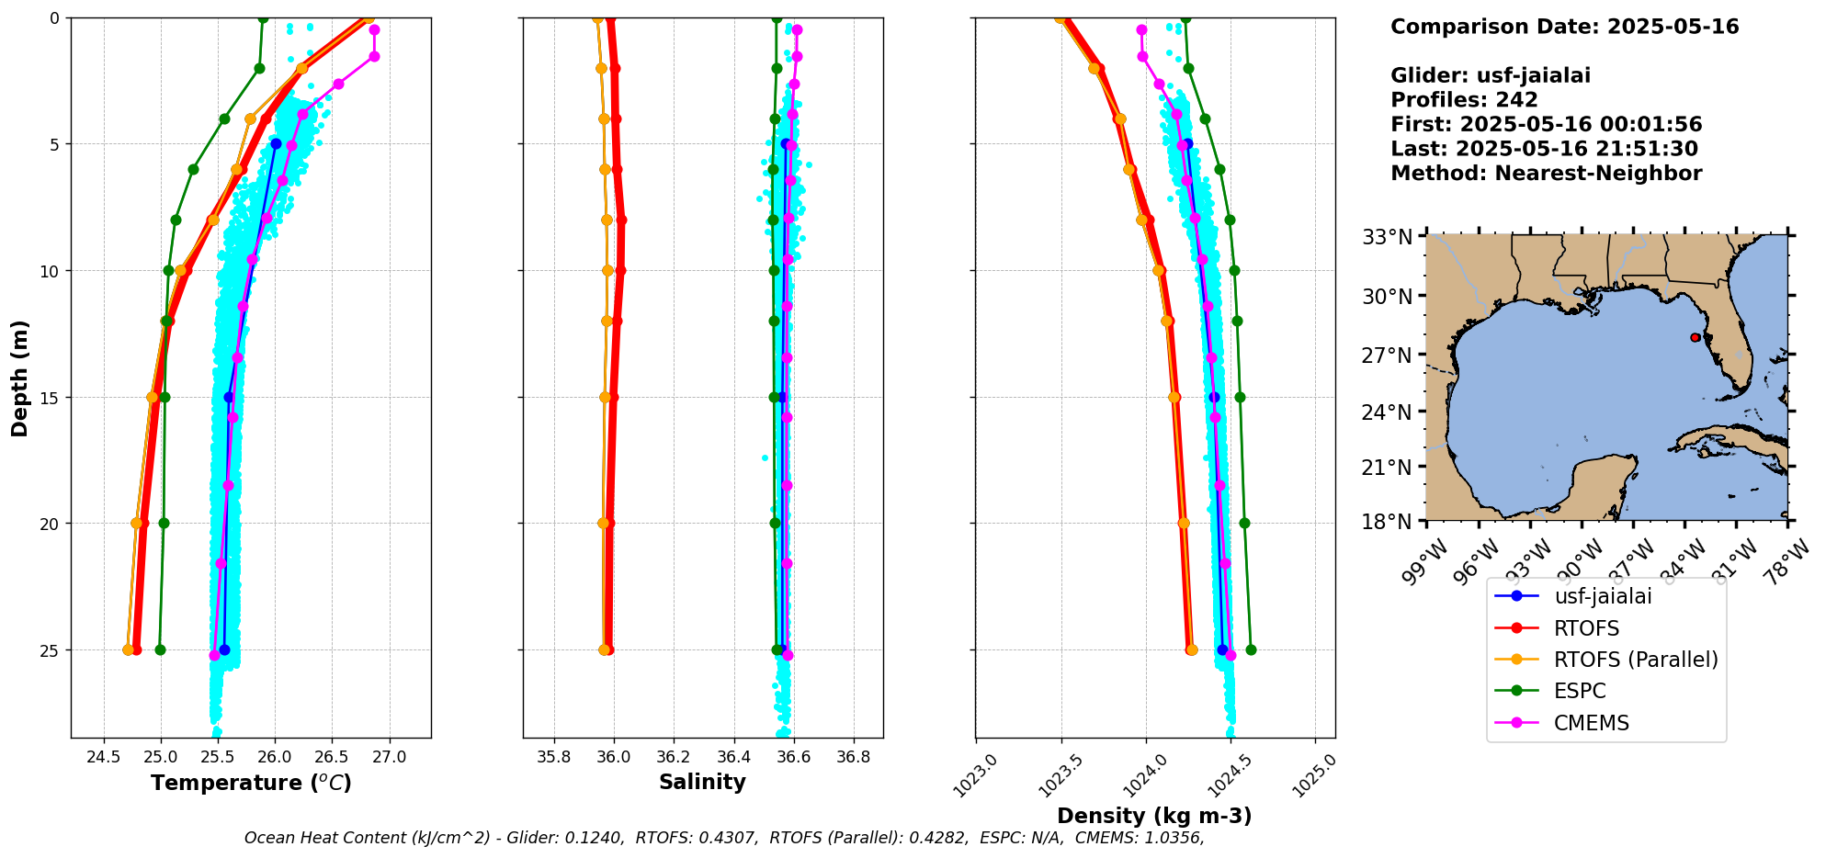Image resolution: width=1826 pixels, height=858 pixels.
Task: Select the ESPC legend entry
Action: click(x=1580, y=691)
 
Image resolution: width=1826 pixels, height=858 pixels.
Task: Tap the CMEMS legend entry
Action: click(x=1591, y=723)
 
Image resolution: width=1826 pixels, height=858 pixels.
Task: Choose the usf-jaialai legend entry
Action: click(x=1603, y=596)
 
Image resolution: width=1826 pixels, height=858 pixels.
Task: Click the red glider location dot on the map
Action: click(x=1695, y=337)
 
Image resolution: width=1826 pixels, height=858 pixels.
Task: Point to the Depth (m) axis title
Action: click(x=20, y=378)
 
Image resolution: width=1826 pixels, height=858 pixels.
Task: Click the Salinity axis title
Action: click(x=702, y=782)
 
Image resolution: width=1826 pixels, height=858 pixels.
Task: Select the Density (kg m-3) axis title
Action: click(x=1154, y=816)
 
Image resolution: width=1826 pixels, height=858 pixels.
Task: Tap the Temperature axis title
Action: click(x=251, y=783)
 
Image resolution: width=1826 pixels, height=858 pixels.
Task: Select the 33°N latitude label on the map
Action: click(x=1386, y=237)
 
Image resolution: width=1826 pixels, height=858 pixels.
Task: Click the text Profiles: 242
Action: click(x=1464, y=100)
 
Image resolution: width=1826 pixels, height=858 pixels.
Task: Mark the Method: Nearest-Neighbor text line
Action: click(x=1546, y=173)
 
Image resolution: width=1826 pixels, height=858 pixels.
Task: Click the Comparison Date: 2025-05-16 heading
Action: click(x=1564, y=27)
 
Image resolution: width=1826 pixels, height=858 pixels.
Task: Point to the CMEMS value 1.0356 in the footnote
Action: click(x=1177, y=838)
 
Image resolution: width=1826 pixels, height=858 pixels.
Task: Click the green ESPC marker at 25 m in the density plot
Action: click(x=1251, y=649)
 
